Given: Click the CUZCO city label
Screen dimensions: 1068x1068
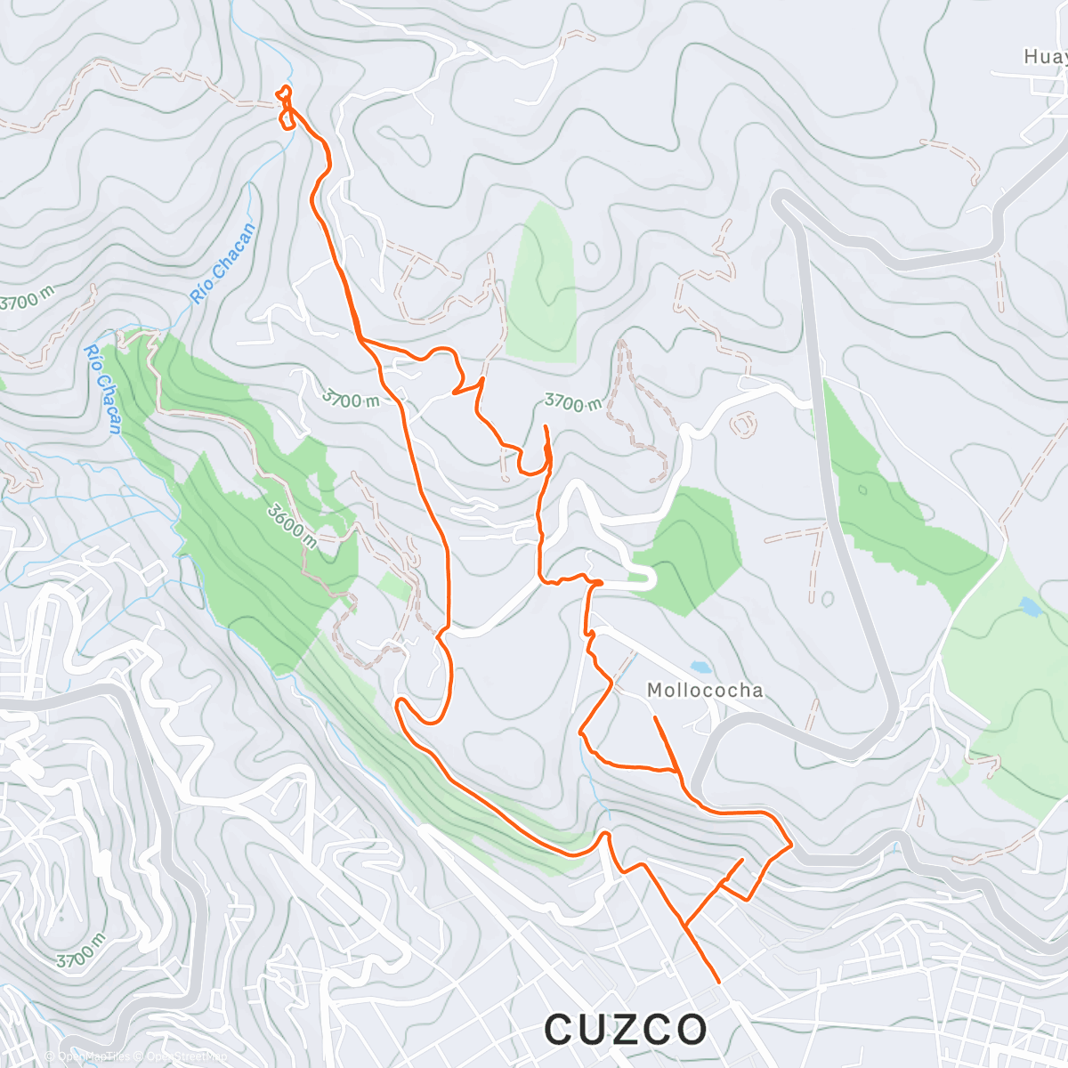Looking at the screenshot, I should point(626,1030).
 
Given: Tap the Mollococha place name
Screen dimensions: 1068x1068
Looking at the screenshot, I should point(705,691).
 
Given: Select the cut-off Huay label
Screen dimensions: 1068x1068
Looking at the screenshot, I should point(1045,57).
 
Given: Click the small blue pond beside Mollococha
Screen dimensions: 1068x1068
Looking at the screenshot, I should point(700,666).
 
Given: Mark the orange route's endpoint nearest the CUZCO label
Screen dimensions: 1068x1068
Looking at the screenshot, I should point(718,982).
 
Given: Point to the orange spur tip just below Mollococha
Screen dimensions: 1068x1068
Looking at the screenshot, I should point(655,717).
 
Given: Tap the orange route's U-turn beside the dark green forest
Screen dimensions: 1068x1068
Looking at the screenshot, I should point(401,703).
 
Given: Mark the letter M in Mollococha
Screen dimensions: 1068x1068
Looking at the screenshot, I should point(655,691).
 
